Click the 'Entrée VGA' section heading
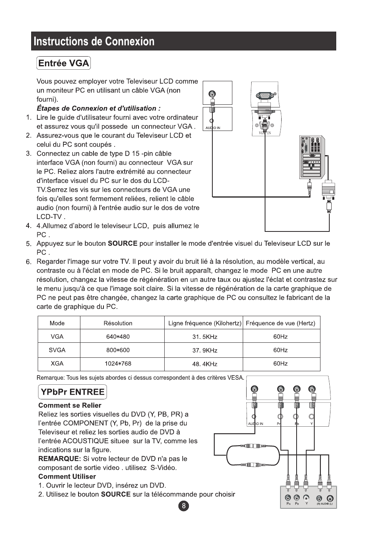pyautogui.click(x=63, y=63)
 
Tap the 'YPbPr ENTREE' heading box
pyautogui.click(x=72, y=392)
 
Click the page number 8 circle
pyautogui.click(x=184, y=506)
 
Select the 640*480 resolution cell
pyautogui.click(x=118, y=337)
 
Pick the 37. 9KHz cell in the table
pyautogui.click(x=205, y=350)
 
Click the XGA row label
pyautogui.click(x=57, y=364)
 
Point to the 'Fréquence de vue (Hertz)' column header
pyautogui.click(x=280, y=323)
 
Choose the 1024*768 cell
pyautogui.click(x=118, y=364)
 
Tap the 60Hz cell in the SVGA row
pyautogui.click(x=280, y=350)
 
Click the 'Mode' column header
pyautogui.click(x=57, y=323)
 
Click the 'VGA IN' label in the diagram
pyautogui.click(x=262, y=133)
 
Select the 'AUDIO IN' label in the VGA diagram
pyautogui.click(x=213, y=128)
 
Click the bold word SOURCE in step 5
pyautogui.click(x=122, y=243)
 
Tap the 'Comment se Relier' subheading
pyautogui.click(x=70, y=405)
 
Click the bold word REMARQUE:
pyautogui.click(x=60, y=459)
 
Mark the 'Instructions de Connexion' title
pyautogui.click(x=94, y=41)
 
